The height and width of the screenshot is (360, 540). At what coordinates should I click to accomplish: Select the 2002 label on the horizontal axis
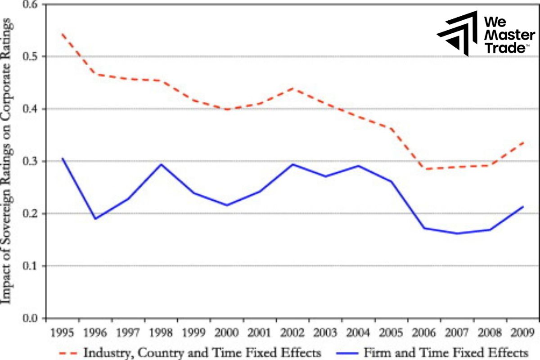(x=293, y=334)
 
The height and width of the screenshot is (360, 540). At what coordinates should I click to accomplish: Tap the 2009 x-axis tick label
(x=523, y=334)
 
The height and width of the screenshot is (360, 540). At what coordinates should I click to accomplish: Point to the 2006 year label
(x=424, y=334)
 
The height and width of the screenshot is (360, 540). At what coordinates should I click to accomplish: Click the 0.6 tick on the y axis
(x=30, y=4)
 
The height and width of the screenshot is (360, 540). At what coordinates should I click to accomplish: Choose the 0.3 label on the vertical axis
(x=30, y=161)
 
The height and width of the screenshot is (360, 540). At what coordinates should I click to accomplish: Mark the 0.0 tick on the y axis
(x=30, y=318)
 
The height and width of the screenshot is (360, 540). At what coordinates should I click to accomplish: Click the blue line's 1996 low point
(x=95, y=219)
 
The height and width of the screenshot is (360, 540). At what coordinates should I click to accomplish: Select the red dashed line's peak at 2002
(x=293, y=88)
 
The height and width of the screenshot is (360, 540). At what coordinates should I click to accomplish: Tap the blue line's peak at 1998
(x=161, y=164)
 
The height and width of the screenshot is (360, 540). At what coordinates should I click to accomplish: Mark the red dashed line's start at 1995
(x=62, y=34)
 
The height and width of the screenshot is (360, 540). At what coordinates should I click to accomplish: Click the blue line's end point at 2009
(x=523, y=207)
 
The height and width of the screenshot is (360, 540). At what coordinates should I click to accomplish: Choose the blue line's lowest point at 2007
(x=457, y=233)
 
